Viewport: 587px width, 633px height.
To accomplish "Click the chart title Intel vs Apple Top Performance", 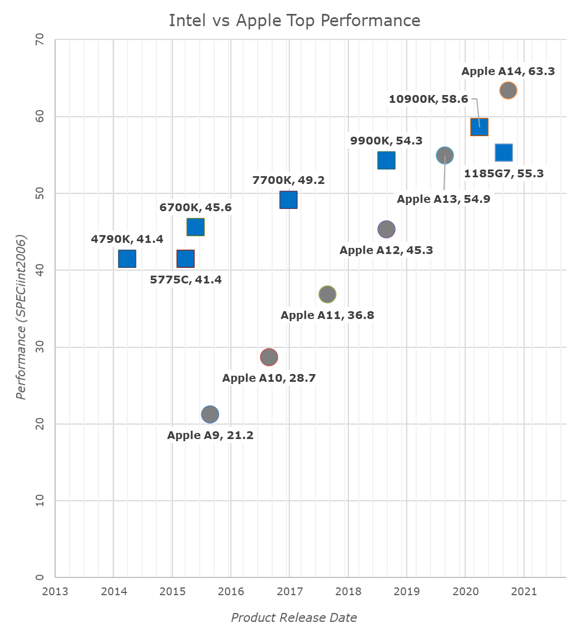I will (294, 21).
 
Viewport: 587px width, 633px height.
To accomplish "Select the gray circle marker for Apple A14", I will (508, 90).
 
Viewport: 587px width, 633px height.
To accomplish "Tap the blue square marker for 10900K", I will (479, 127).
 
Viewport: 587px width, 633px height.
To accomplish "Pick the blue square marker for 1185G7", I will (504, 152).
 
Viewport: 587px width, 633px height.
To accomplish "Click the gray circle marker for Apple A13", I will (445, 156).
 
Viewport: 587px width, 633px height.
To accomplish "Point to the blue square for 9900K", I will (386, 160).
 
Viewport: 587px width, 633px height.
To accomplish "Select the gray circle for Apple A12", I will (386, 229).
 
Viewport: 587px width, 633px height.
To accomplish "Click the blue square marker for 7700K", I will (288, 200).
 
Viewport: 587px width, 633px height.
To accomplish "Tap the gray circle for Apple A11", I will (328, 294).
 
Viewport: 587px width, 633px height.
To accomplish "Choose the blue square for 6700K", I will (195, 227).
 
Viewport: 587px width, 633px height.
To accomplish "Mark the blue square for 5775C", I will (185, 259).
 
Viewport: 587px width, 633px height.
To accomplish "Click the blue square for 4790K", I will (127, 259).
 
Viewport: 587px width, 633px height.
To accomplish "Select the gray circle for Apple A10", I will (269, 357).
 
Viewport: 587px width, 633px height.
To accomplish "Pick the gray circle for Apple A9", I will (210, 414).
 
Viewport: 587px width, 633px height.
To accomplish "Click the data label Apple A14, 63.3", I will (508, 71).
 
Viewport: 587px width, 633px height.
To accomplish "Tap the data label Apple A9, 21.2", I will (210, 435).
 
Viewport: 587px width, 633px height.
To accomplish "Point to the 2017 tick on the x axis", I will (289, 591).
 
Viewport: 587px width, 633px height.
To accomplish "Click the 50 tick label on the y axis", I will (41, 193).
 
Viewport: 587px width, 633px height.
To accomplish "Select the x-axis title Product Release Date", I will (294, 617).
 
